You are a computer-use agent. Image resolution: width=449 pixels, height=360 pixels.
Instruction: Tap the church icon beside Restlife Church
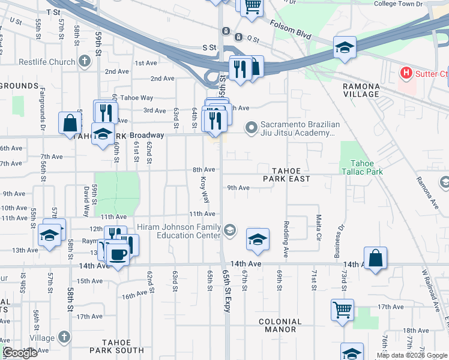[x=85, y=61]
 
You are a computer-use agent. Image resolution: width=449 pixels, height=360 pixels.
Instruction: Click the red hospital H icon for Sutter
[x=406, y=74]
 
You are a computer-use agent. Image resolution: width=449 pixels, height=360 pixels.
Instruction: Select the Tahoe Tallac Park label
[x=366, y=167]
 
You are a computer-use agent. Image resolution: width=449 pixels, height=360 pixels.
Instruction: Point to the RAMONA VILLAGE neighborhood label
[x=361, y=90]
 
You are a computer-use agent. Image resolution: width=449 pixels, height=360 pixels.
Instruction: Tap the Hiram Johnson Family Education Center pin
[x=229, y=230]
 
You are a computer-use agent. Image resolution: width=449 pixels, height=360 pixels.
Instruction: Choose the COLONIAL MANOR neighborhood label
[x=280, y=325]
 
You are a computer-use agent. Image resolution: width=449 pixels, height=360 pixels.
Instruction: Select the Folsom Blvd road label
[x=291, y=31]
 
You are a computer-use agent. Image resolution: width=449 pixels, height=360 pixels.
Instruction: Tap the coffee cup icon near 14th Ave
[x=117, y=254]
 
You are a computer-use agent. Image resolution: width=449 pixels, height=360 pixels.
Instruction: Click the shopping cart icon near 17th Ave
[x=342, y=310]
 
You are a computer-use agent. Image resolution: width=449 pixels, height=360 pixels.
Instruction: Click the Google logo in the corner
[x=20, y=353]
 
